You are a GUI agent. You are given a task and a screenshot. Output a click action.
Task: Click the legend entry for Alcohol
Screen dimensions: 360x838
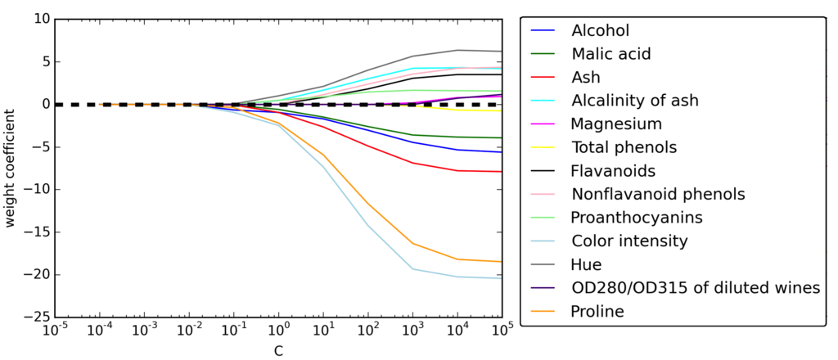(x=600, y=31)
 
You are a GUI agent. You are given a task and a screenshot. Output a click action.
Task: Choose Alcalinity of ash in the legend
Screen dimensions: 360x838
(x=634, y=101)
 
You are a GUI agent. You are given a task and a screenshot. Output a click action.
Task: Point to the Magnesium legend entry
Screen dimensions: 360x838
(x=615, y=124)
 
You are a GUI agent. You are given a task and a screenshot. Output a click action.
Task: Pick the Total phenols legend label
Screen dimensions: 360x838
(x=624, y=148)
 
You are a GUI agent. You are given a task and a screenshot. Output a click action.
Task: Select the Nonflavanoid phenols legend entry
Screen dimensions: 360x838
(x=657, y=195)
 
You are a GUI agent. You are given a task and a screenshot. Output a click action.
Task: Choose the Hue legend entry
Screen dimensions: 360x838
(x=586, y=264)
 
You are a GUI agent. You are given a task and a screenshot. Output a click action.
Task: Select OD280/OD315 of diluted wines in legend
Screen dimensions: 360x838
(x=695, y=288)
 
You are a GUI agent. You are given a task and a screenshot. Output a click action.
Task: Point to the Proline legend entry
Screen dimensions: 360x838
(x=597, y=312)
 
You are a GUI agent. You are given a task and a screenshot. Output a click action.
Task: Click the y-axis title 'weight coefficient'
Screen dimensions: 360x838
(x=11, y=168)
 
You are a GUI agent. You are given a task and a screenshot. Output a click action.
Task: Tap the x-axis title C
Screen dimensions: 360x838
(x=278, y=350)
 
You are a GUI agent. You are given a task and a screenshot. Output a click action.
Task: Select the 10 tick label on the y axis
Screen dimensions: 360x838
(x=40, y=19)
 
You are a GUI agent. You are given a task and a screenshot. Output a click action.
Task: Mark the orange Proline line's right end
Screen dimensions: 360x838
(x=501, y=262)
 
